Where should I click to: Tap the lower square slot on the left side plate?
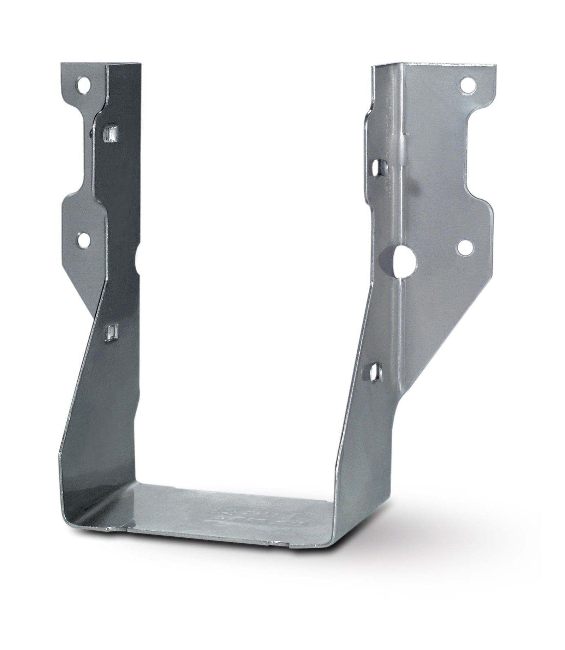(110, 333)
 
